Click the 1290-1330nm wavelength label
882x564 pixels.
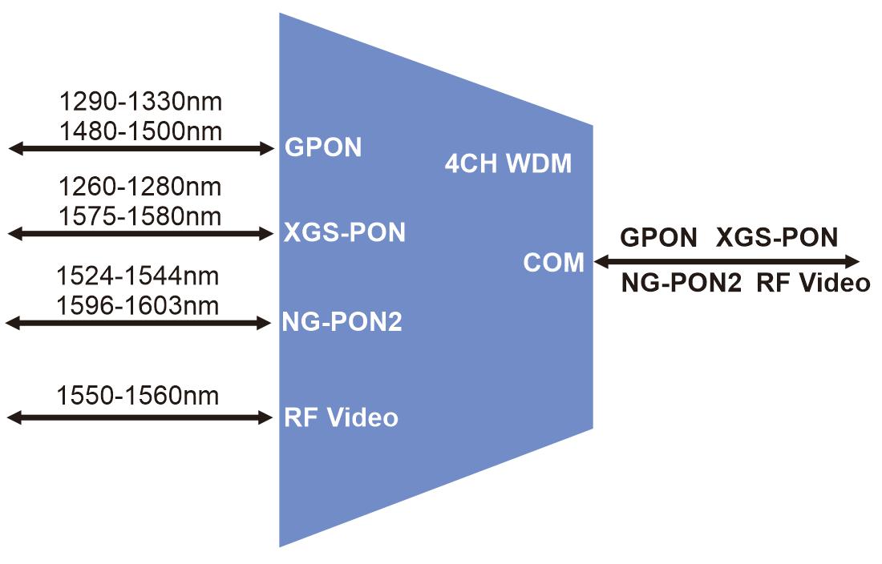[x=140, y=102]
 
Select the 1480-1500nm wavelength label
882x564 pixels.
[x=140, y=130]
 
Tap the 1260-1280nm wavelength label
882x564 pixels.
[x=140, y=187]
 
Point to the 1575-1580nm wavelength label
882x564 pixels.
[x=140, y=216]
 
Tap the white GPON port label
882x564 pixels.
[x=323, y=147]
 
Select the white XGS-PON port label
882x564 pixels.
[x=345, y=233]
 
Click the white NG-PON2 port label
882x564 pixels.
[x=342, y=323]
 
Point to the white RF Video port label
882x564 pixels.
[x=341, y=417]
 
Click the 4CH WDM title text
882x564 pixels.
[x=508, y=164]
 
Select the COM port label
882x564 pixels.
[x=554, y=262]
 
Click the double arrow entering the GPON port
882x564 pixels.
[x=141, y=147]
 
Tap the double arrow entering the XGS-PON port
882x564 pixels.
[x=141, y=233]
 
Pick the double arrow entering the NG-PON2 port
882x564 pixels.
[x=140, y=323]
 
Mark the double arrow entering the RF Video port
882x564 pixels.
[x=141, y=417]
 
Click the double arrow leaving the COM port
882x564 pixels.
[x=726, y=261]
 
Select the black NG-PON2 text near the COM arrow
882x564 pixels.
[x=682, y=284]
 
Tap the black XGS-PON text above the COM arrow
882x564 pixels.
[x=776, y=238]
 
